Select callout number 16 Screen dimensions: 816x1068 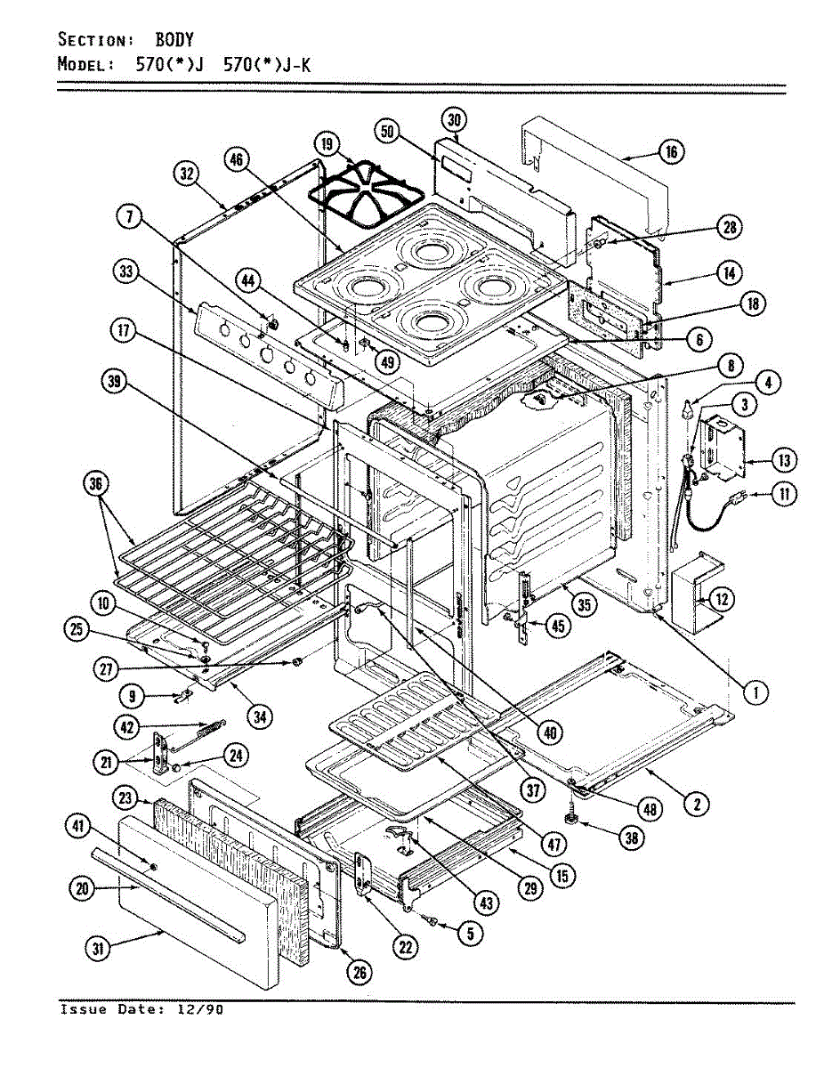pos(671,152)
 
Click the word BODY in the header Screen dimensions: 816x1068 pos(174,39)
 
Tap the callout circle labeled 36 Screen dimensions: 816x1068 pos(96,484)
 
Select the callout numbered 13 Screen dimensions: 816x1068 pos(784,460)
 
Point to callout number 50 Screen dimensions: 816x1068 pos(388,132)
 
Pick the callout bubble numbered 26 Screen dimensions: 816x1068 pos(360,973)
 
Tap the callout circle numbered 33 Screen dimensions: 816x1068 pos(126,271)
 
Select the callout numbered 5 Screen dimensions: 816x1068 pos(470,934)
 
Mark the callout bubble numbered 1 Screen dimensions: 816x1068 pos(755,692)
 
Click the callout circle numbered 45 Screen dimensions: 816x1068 pos(558,626)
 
